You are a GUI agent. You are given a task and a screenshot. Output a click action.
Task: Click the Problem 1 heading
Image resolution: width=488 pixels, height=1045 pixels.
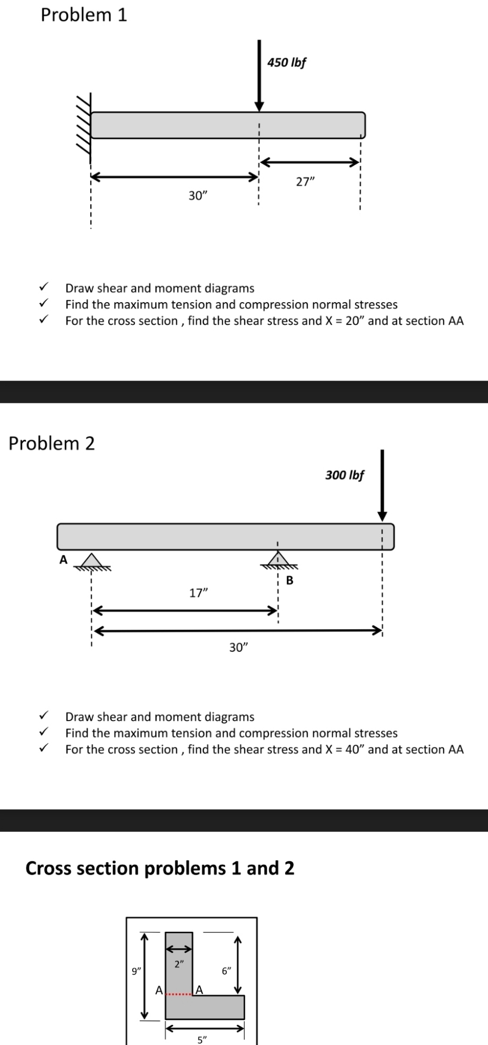[84, 15]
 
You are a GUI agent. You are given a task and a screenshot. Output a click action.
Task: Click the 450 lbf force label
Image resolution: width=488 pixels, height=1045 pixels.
[287, 62]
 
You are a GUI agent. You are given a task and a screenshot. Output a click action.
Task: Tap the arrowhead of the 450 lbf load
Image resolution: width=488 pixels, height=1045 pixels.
[260, 106]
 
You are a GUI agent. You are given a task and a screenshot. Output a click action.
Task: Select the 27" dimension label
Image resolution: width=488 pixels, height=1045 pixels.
[305, 182]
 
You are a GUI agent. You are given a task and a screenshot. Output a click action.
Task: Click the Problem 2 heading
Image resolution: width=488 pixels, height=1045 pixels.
[52, 444]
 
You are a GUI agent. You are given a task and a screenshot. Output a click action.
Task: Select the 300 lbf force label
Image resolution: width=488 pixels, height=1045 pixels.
[344, 475]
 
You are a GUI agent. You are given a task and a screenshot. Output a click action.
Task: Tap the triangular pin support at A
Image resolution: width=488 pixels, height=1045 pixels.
[92, 561]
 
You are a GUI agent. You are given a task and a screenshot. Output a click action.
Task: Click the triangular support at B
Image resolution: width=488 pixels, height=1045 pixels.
[277, 560]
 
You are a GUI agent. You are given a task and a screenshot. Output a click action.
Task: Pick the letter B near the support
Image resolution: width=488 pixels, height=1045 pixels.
[289, 581]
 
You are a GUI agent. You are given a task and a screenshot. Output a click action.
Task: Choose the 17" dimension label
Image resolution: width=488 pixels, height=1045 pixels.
[199, 593]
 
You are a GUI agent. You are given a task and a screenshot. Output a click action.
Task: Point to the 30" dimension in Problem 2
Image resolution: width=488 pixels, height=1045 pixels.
[238, 648]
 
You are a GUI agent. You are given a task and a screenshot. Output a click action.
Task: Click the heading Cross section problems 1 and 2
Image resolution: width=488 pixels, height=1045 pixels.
[160, 868]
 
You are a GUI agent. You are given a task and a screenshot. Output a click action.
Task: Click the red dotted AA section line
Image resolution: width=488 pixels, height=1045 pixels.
[179, 995]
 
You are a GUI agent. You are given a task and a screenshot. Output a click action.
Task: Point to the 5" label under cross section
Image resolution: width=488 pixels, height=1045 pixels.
[202, 1040]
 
